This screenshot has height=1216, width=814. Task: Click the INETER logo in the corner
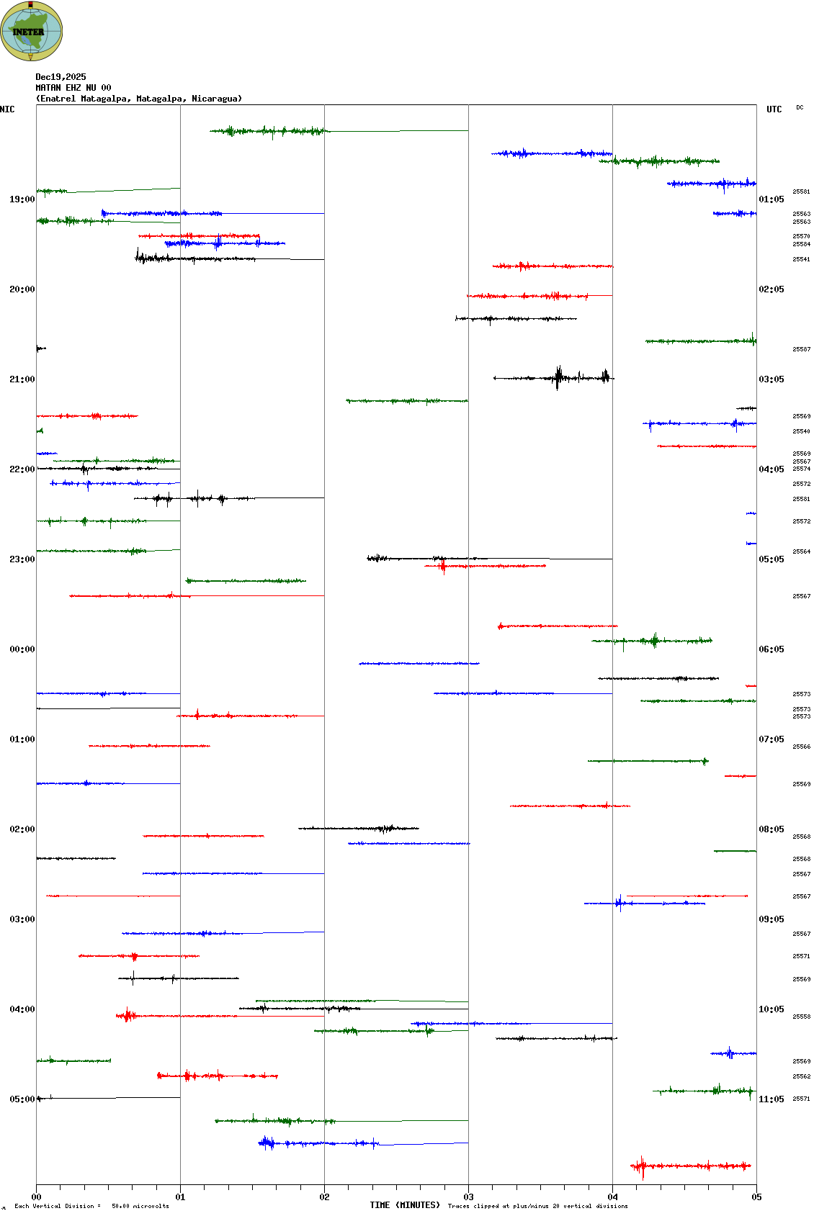pyautogui.click(x=32, y=31)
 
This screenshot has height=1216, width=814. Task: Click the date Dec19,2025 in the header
pyautogui.click(x=61, y=77)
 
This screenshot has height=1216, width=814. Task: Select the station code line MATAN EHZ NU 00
pyautogui.click(x=73, y=88)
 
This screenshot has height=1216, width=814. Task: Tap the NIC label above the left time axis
pyautogui.click(x=7, y=109)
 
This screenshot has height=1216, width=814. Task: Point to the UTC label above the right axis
pyautogui.click(x=774, y=109)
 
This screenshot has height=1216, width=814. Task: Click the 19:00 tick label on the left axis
pyautogui.click(x=22, y=199)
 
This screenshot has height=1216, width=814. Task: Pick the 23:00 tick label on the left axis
pyautogui.click(x=22, y=559)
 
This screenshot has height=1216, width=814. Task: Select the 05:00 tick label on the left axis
pyautogui.click(x=22, y=1099)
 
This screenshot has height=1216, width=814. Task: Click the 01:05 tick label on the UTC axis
pyautogui.click(x=771, y=199)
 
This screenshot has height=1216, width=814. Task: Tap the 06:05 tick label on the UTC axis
pyautogui.click(x=771, y=649)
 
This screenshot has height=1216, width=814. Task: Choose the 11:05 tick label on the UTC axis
pyautogui.click(x=771, y=1099)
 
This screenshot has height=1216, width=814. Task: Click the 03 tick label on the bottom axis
pyautogui.click(x=468, y=1197)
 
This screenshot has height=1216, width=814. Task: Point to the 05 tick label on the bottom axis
pyautogui.click(x=756, y=1197)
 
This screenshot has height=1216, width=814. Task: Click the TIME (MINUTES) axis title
pyautogui.click(x=405, y=1205)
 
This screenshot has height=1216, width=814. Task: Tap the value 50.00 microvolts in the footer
pyautogui.click(x=140, y=1206)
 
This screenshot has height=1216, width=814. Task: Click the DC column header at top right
pyautogui.click(x=800, y=107)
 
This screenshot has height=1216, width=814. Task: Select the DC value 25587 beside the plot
pyautogui.click(x=801, y=349)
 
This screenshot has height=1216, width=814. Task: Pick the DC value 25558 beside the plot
pyautogui.click(x=801, y=1017)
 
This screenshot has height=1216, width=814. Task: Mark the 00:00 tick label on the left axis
pyautogui.click(x=22, y=649)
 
